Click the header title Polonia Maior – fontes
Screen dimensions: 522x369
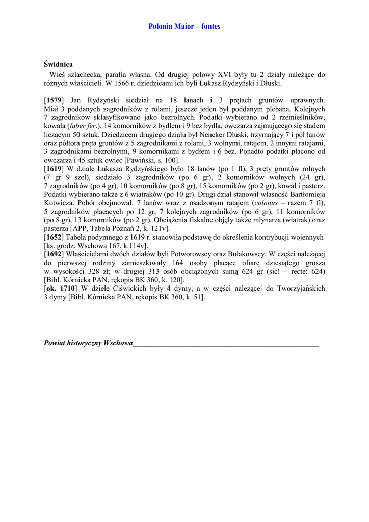click(184, 27)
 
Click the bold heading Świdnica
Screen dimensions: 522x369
click(59, 65)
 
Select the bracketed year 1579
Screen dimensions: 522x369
click(54, 101)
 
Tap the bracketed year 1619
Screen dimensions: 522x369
click(54, 169)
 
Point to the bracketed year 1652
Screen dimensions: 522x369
click(54, 237)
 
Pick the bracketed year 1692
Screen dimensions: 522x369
click(54, 254)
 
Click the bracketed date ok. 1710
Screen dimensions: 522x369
click(60, 288)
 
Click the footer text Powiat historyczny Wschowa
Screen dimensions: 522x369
click(88, 343)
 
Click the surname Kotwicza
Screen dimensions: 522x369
click(59, 203)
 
